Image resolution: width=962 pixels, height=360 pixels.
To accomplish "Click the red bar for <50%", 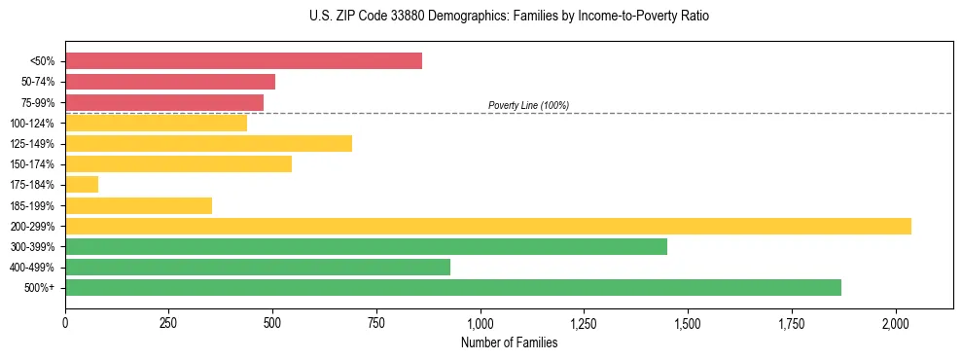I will click(x=243, y=61).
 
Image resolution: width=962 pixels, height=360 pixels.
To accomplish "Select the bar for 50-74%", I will click(x=170, y=82).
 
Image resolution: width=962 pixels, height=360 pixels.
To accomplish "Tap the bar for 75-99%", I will click(x=164, y=102).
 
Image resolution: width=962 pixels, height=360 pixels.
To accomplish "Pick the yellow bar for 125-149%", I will click(x=208, y=144).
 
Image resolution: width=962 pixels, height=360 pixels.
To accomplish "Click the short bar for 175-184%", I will click(x=82, y=185).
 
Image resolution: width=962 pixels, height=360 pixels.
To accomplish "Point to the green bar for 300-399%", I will click(x=366, y=246).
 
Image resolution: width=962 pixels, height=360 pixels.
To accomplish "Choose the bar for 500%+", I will click(x=453, y=287).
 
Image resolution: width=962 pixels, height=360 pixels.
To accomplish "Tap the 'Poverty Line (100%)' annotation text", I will click(x=528, y=105).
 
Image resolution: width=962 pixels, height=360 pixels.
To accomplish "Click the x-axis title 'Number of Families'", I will click(x=509, y=342).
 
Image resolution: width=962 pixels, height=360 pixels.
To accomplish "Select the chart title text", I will click(x=509, y=17).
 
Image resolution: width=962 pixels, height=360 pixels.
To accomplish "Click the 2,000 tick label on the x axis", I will click(x=896, y=322).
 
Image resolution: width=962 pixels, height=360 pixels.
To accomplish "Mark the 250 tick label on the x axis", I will click(x=169, y=322).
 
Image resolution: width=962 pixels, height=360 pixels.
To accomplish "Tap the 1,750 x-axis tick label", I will click(x=792, y=322).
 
